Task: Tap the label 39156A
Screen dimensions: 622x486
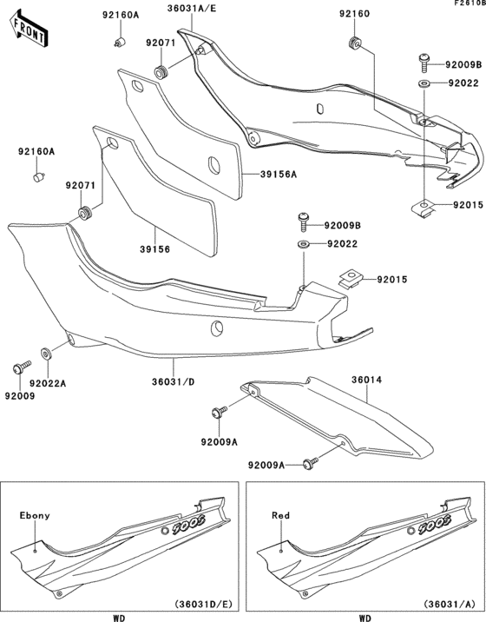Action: (279, 175)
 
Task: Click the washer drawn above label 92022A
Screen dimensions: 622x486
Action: (45, 354)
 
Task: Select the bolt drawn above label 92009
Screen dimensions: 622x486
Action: (17, 368)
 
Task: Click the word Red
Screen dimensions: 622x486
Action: (278, 515)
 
